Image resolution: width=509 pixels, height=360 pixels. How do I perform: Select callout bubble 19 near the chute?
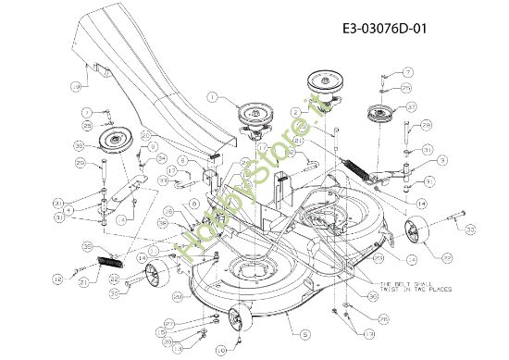[75, 86]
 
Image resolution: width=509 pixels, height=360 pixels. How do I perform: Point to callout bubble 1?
[212, 95]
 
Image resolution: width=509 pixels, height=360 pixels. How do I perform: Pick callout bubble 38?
[80, 146]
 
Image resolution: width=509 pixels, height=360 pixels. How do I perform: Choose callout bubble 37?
[412, 106]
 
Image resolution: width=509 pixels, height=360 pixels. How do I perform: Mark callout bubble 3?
[443, 160]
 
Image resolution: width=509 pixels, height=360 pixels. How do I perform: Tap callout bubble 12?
[56, 278]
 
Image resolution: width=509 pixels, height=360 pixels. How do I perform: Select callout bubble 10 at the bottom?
[219, 351]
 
